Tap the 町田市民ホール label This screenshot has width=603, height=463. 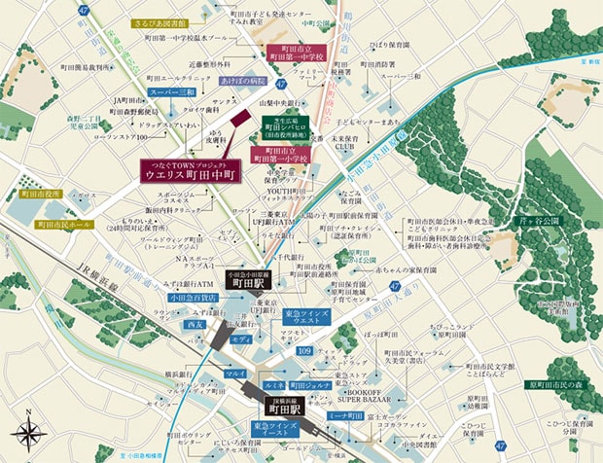point(62,224)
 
